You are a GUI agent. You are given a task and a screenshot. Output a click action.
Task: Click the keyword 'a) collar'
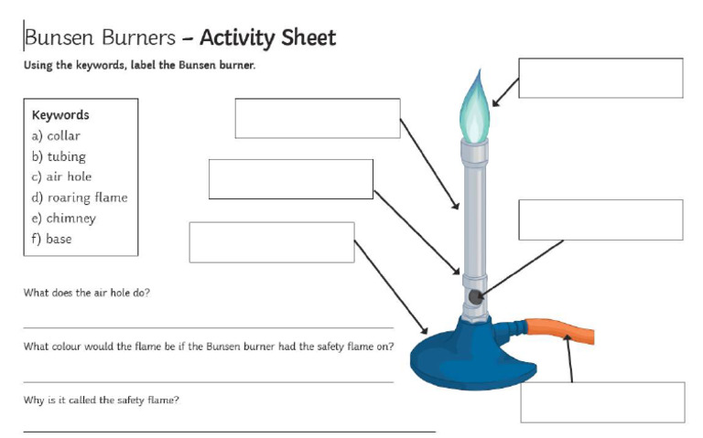[56, 135]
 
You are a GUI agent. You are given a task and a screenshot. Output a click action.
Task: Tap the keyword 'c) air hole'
[61, 176]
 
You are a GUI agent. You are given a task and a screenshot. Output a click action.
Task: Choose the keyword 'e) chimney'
[63, 219]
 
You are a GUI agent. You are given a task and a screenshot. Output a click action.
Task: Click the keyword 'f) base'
[51, 239]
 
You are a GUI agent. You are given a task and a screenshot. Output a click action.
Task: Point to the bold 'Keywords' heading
[60, 115]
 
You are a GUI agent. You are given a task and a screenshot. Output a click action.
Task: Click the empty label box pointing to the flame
[600, 78]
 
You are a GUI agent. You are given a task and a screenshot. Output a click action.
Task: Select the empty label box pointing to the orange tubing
[602, 402]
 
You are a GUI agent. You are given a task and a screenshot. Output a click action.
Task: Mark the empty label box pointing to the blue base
[271, 242]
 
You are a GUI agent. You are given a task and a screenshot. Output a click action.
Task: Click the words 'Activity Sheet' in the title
[267, 37]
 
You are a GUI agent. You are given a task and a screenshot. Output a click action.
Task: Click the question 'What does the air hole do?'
[86, 293]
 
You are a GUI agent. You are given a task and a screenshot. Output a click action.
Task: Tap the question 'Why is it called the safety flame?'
[101, 400]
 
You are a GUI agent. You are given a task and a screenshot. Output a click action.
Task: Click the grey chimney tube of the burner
[474, 210]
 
